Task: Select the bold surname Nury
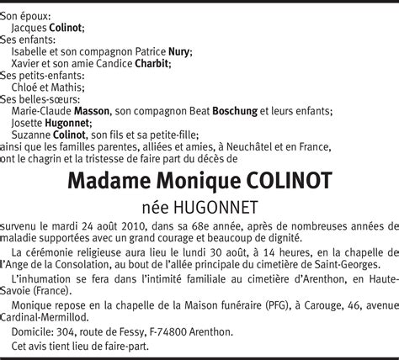click(x=178, y=51)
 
